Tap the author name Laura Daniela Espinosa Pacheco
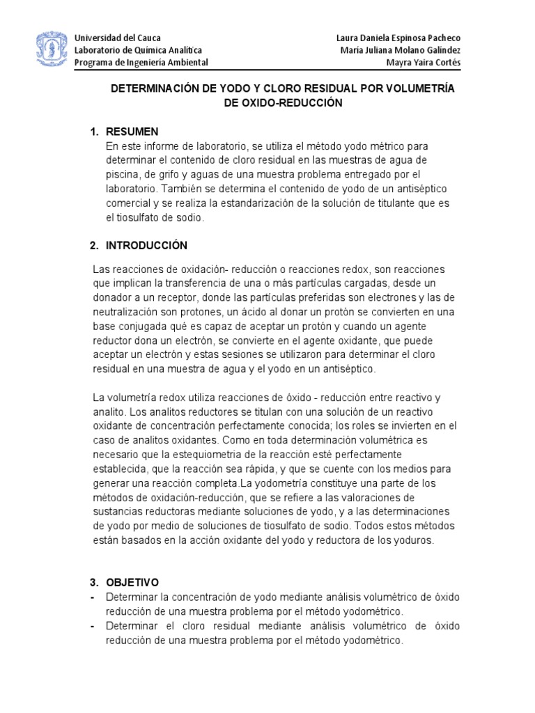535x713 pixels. coord(398,38)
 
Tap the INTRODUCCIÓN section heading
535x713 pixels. coord(147,245)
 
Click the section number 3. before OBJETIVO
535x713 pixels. coord(95,582)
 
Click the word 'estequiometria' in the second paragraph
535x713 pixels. coord(187,455)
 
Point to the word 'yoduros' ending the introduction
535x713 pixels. coord(415,541)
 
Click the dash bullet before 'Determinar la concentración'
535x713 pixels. coord(94,597)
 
